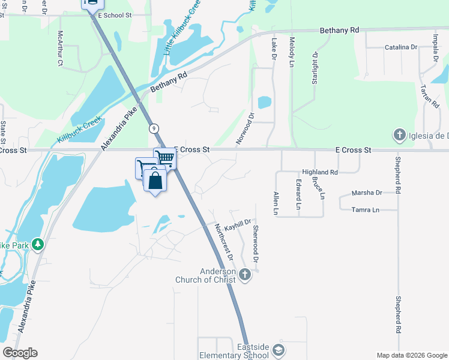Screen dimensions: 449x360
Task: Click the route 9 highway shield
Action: point(154,128)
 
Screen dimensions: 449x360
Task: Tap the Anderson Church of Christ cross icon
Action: point(244,275)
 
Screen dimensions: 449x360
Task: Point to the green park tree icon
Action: point(38,244)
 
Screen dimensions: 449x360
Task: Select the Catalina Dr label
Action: point(400,47)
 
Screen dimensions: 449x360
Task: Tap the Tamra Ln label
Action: point(366,209)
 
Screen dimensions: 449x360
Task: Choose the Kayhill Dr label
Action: point(237,222)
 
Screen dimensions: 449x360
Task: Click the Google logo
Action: point(20,353)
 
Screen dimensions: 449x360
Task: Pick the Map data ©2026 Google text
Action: point(411,355)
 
